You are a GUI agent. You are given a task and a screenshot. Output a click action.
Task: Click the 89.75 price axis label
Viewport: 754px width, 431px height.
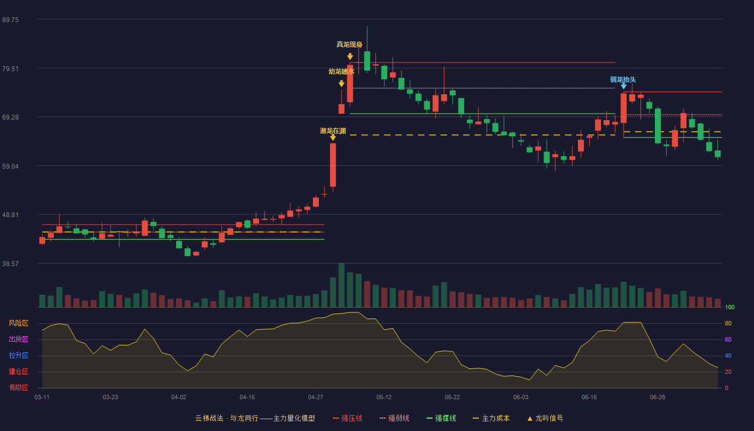pos(10,20)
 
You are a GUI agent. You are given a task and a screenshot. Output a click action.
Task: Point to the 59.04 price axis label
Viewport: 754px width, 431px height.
pos(10,166)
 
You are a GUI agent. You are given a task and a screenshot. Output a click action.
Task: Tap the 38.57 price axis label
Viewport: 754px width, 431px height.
pos(10,264)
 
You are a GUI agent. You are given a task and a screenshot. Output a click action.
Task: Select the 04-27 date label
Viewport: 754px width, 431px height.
pos(316,398)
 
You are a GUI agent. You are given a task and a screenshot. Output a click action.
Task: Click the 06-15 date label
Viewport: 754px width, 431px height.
pos(589,398)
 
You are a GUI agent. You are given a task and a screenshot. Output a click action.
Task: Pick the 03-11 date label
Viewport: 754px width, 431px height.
pos(42,398)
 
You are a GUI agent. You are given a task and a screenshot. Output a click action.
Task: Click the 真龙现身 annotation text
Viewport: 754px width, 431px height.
pos(350,44)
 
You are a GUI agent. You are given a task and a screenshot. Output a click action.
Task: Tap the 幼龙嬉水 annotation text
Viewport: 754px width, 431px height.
pos(341,71)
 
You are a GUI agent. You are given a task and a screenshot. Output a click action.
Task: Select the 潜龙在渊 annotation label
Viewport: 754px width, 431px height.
pos(333,131)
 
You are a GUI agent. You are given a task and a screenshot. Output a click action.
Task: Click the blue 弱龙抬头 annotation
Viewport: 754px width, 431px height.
pos(623,80)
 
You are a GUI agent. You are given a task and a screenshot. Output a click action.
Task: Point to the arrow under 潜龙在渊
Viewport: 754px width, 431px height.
pos(333,137)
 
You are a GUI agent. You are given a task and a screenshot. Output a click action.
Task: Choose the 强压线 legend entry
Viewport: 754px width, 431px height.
pos(348,418)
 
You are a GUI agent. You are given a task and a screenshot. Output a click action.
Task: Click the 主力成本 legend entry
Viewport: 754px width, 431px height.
pos(491,418)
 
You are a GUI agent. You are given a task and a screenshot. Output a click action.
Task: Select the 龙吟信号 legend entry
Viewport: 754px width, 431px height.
pos(545,418)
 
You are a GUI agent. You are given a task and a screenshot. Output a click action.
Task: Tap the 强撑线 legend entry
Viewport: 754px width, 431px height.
pos(441,418)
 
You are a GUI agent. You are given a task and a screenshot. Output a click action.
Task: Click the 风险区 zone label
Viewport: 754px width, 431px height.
pos(18,323)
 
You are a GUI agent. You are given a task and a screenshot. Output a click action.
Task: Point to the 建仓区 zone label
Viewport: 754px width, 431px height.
pos(18,372)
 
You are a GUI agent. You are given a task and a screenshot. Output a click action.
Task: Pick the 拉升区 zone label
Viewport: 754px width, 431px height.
pos(18,356)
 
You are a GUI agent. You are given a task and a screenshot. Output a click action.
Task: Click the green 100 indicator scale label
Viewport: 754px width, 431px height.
pos(730,307)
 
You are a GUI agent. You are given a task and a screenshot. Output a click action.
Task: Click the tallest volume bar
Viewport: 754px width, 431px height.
pos(341,285)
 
